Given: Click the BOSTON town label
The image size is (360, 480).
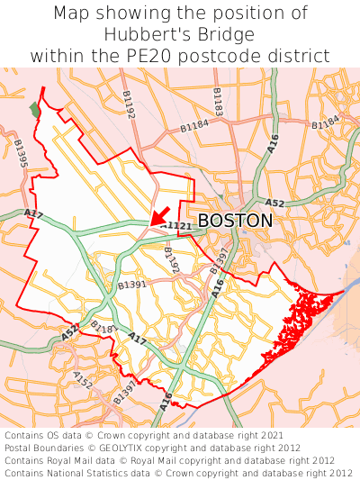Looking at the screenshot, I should (x=235, y=221).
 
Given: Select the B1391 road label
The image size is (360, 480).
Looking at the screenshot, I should (x=132, y=285).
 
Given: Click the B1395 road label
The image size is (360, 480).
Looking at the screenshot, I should (x=20, y=154).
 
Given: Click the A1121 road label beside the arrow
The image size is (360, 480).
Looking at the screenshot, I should (x=178, y=225).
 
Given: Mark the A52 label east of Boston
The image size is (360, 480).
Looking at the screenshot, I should (x=275, y=204).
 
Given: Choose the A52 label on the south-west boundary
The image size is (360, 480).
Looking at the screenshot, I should (x=70, y=332).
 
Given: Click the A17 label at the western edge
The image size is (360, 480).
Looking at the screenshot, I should (x=33, y=213).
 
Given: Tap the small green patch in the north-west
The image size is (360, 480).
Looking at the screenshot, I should (x=35, y=109).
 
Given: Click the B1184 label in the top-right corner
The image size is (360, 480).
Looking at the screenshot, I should (x=326, y=122).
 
